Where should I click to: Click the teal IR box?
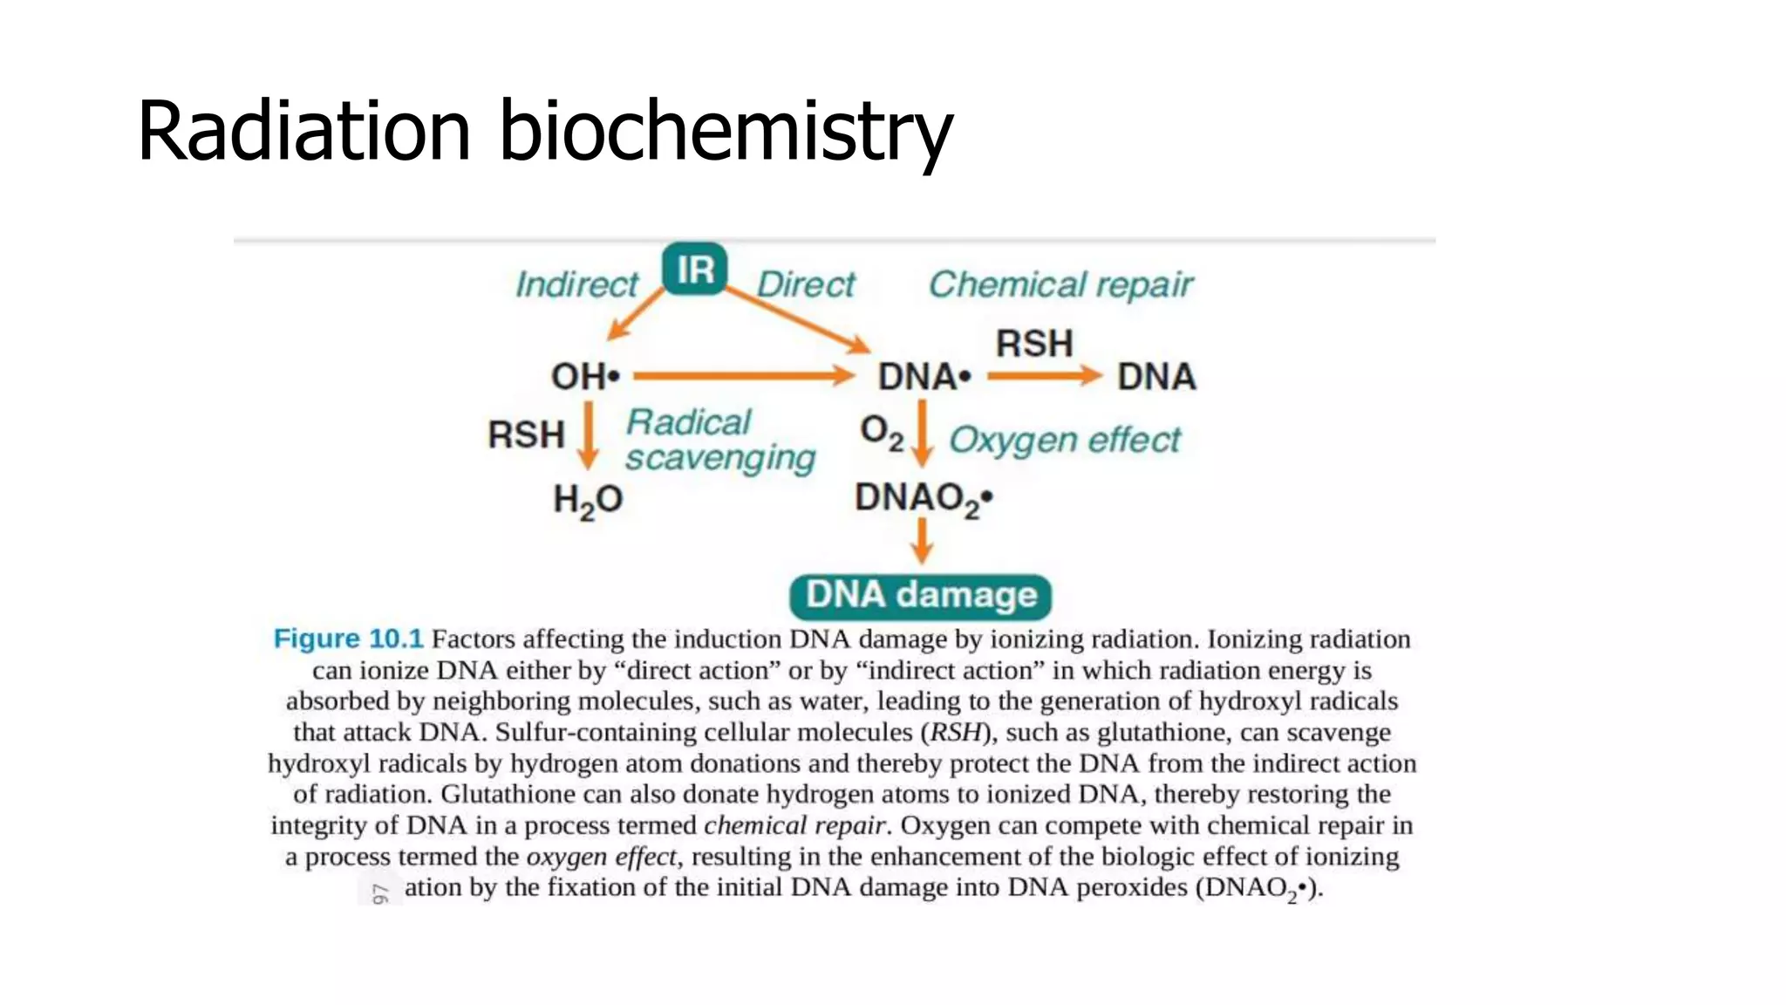click(x=694, y=270)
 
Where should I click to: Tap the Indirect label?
click(x=576, y=284)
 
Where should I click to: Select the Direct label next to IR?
click(x=806, y=284)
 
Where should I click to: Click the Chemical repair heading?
click(x=1060, y=284)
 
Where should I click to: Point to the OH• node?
click(x=585, y=377)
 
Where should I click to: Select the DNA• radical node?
click(x=924, y=377)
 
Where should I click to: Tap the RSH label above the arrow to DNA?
click(x=1034, y=343)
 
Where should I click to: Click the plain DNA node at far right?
click(x=1156, y=377)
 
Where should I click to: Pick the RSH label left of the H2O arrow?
click(x=526, y=434)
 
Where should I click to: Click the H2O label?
click(x=588, y=500)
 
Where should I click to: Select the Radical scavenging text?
click(x=719, y=441)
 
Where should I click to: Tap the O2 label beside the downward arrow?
click(x=881, y=432)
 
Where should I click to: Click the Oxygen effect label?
click(x=1064, y=440)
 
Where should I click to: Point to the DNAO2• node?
click(x=923, y=498)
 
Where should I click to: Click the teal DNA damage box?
click(x=920, y=596)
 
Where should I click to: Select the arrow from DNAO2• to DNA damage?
click(x=922, y=541)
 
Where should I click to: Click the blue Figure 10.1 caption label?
click(x=348, y=639)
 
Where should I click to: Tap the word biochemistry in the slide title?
click(x=726, y=131)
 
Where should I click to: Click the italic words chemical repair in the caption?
click(x=794, y=825)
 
